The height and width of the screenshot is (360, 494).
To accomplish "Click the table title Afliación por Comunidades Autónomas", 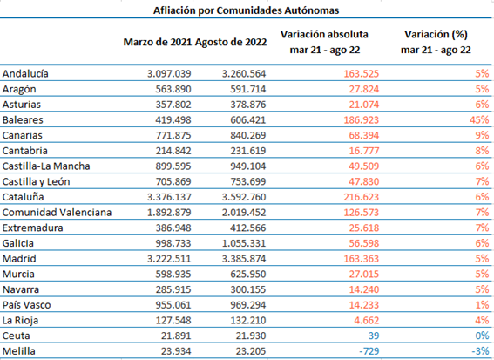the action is pyautogui.click(x=246, y=10).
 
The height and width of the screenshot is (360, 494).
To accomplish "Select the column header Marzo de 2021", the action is pyautogui.click(x=158, y=42).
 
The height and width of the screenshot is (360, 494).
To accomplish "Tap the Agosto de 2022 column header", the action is pyautogui.click(x=231, y=42).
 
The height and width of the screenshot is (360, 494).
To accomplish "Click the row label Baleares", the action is pyautogui.click(x=23, y=119).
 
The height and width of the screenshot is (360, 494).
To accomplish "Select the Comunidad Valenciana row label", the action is pyautogui.click(x=57, y=212).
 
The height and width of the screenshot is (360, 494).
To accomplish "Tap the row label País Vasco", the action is pyautogui.click(x=26, y=305).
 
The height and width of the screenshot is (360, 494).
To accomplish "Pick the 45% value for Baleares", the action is pyautogui.click(x=479, y=119).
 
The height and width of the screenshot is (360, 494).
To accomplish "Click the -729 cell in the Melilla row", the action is pyautogui.click(x=369, y=351).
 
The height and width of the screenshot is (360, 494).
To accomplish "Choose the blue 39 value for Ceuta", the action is pyautogui.click(x=374, y=336).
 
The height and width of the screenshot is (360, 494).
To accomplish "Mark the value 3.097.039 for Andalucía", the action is pyautogui.click(x=169, y=73).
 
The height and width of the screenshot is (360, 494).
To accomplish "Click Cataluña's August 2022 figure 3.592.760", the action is pyautogui.click(x=244, y=197).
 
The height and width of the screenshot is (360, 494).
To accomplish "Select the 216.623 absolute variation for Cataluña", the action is pyautogui.click(x=361, y=197).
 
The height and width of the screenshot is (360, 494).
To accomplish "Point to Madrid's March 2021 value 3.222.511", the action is pyautogui.click(x=169, y=259).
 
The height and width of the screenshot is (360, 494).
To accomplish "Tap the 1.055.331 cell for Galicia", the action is pyautogui.click(x=244, y=243).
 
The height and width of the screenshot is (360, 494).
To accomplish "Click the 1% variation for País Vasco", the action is pyautogui.click(x=483, y=305).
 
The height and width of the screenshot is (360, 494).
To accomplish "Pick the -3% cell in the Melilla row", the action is pyautogui.click(x=480, y=351).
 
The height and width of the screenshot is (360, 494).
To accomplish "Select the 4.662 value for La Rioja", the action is pyautogui.click(x=367, y=320).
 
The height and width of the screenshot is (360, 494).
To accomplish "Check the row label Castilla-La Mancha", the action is pyautogui.click(x=46, y=166).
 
